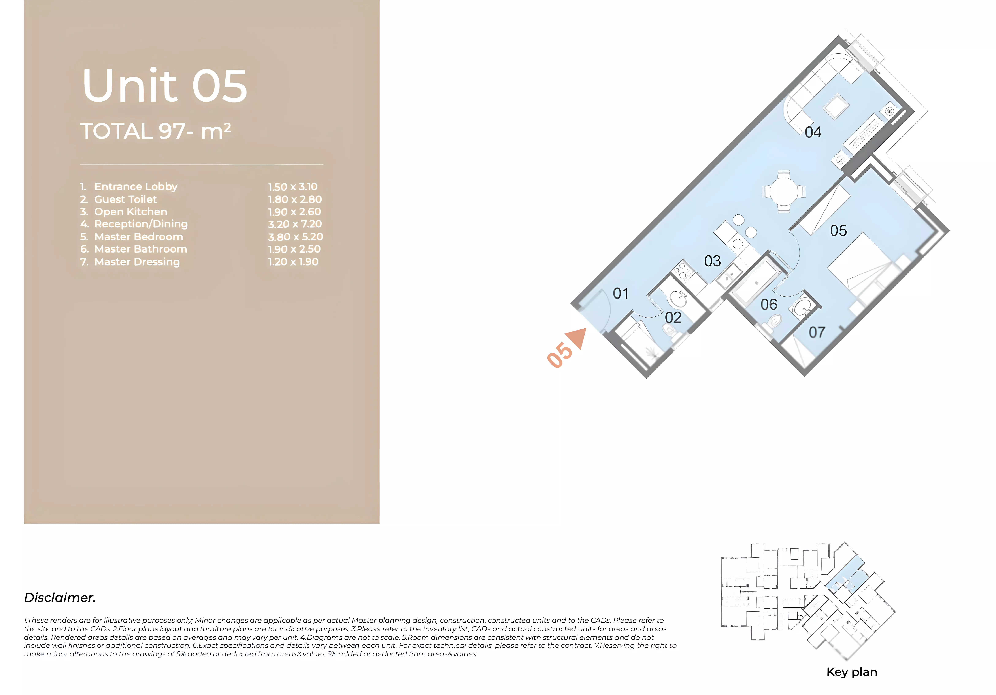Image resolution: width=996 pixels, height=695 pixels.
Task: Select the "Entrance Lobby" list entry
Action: [136, 187]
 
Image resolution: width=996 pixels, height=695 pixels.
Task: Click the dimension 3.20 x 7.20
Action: [295, 224]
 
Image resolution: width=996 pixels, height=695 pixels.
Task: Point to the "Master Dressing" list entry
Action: [137, 262]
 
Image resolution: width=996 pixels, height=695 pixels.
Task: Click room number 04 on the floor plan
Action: [813, 132]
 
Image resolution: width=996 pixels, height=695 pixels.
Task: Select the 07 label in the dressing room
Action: [817, 332]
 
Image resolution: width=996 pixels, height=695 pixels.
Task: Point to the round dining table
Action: [783, 191]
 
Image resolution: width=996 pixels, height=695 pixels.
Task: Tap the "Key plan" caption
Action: [852, 672]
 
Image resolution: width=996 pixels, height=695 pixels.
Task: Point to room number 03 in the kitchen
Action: [712, 261]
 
